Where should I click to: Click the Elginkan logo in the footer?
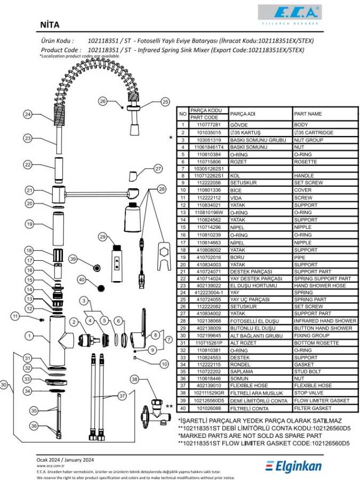tap(294, 467)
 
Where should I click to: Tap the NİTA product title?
tap(50, 25)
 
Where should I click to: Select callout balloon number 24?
tap(28, 114)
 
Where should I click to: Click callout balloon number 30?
tap(4, 384)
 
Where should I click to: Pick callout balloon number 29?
tap(103, 236)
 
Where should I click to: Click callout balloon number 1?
tap(28, 336)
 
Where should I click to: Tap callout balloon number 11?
tap(17, 317)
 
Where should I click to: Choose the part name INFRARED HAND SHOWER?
tap(325, 321)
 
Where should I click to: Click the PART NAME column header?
tap(308, 114)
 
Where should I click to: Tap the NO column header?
tap(182, 114)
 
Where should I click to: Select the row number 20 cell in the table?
tap(182, 265)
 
